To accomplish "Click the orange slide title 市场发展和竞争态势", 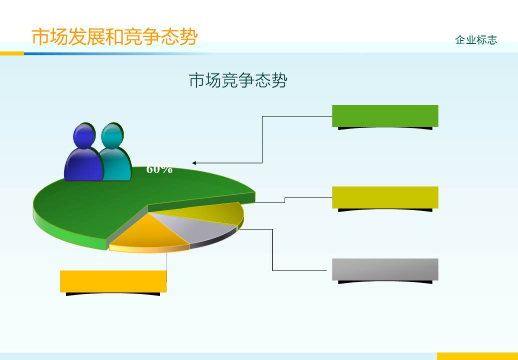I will click(x=115, y=37).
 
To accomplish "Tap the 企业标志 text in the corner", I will click(x=476, y=40).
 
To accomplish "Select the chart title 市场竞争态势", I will click(x=238, y=80).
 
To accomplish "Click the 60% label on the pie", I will click(x=159, y=169).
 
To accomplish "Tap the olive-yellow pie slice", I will click(x=215, y=213).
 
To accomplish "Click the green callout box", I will click(x=385, y=116).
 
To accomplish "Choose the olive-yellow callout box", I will click(x=385, y=197).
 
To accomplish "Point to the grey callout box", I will click(x=385, y=269).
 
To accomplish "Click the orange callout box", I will click(x=113, y=281).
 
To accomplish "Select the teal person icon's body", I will click(x=116, y=165).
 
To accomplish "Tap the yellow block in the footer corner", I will click(x=477, y=356).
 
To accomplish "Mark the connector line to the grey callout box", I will click(x=272, y=250).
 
